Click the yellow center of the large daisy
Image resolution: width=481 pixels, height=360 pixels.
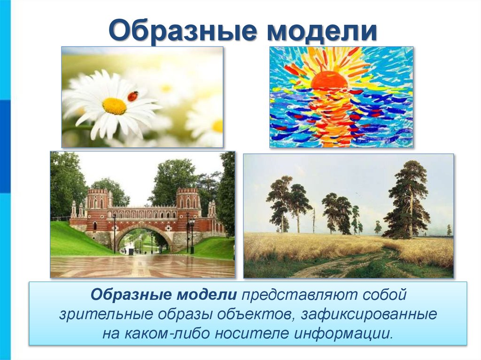pos(114,106)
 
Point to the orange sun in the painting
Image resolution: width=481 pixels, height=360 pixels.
pos(329,80)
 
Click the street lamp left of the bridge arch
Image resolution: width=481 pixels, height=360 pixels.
pos(114,232)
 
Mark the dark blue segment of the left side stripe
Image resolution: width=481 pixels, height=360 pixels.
pos(5,146)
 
